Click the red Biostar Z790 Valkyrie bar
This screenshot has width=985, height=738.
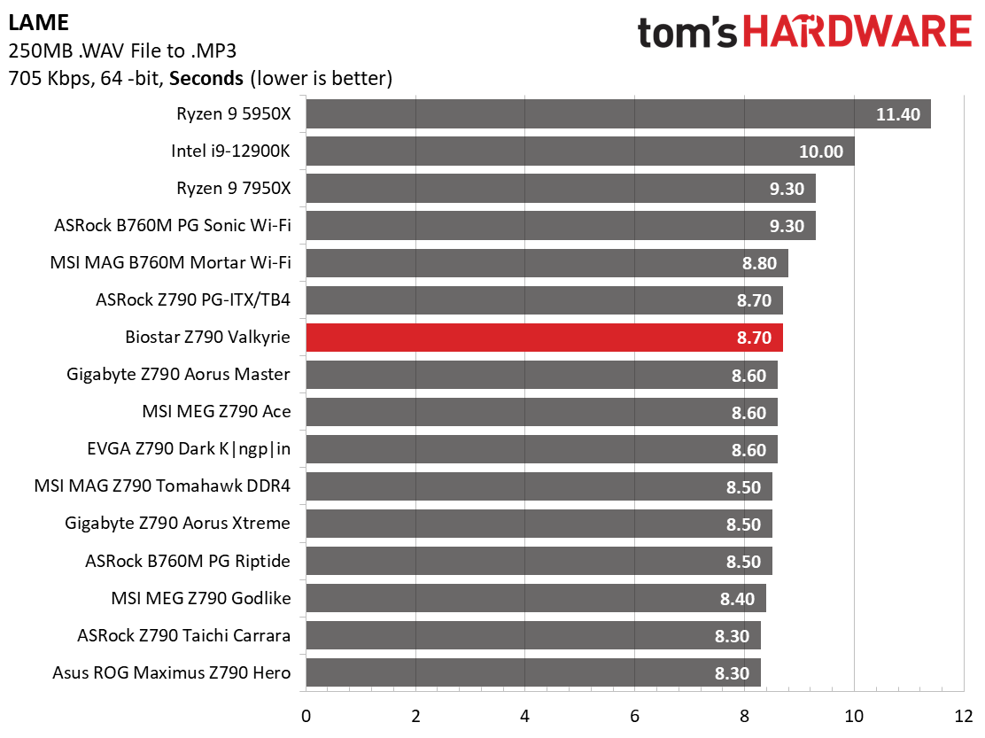(544, 338)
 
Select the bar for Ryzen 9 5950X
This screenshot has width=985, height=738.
(618, 113)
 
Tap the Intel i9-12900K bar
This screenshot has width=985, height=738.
(580, 151)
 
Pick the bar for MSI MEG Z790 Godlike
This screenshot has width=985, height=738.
(536, 598)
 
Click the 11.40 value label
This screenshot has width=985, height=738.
(897, 114)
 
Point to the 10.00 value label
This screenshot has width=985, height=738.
(821, 151)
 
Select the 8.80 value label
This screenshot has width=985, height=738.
(759, 263)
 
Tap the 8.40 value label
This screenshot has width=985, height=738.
(737, 599)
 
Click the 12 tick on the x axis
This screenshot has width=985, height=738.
(963, 716)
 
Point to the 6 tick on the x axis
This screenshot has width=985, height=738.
(634, 716)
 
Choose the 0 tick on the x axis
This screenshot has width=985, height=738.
(306, 716)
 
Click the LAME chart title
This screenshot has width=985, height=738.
(39, 23)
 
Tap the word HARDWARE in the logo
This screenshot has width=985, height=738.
(857, 32)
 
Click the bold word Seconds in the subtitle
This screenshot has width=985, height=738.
(206, 79)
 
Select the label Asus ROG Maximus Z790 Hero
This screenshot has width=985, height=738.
(172, 672)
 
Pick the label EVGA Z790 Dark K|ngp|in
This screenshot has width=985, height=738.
(189, 449)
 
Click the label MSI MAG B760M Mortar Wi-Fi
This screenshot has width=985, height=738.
(170, 262)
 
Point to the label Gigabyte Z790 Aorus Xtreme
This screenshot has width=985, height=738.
(177, 524)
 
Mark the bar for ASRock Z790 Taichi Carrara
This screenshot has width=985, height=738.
(533, 635)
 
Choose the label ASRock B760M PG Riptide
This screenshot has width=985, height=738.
(187, 561)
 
